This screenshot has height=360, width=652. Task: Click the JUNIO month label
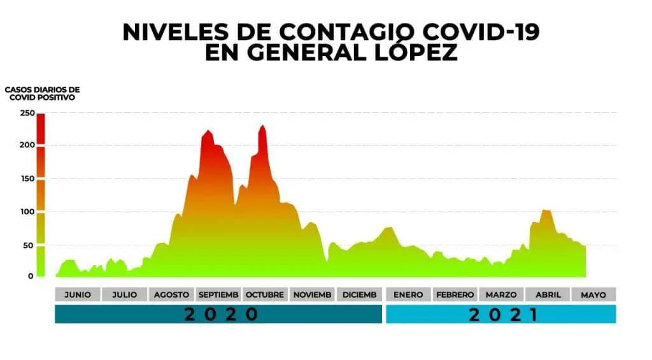click(x=78, y=295)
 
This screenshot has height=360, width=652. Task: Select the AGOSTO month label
click(x=171, y=295)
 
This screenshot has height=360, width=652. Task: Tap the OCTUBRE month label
click(x=265, y=295)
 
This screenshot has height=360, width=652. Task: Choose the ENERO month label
click(x=408, y=295)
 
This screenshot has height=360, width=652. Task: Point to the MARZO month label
click(x=501, y=295)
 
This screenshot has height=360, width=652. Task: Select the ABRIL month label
click(x=548, y=295)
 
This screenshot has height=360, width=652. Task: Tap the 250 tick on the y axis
click(x=27, y=113)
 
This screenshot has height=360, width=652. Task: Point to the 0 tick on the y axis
click(x=30, y=277)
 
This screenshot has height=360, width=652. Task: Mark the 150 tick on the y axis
click(x=27, y=179)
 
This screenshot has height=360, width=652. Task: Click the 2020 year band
click(x=218, y=314)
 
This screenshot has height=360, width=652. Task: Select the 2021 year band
click(x=501, y=314)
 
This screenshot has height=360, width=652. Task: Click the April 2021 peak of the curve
click(x=546, y=210)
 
